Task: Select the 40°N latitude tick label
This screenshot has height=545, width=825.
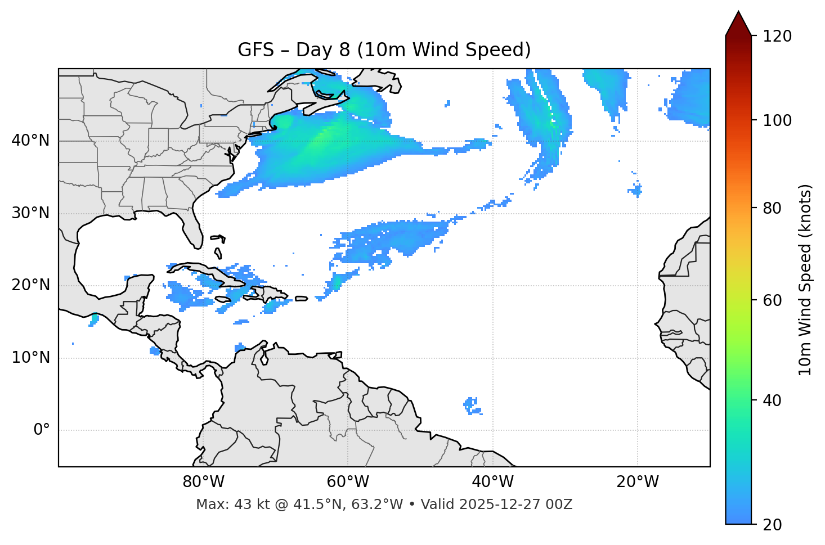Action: [30, 140]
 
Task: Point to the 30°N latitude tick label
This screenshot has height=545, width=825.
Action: [30, 213]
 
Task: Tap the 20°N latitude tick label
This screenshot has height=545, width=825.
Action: [30, 285]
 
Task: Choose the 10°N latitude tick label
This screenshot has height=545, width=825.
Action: [30, 358]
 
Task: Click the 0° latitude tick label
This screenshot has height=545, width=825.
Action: [42, 430]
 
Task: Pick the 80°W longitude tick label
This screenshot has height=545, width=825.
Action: [203, 482]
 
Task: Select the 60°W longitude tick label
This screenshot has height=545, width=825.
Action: [348, 482]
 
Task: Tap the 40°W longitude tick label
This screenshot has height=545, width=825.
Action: [492, 482]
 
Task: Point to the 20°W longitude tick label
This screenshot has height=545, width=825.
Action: [638, 482]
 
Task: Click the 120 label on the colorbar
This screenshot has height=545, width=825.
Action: [777, 37]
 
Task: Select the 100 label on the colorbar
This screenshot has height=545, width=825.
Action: [777, 120]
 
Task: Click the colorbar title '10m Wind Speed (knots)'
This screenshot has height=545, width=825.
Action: [805, 280]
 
